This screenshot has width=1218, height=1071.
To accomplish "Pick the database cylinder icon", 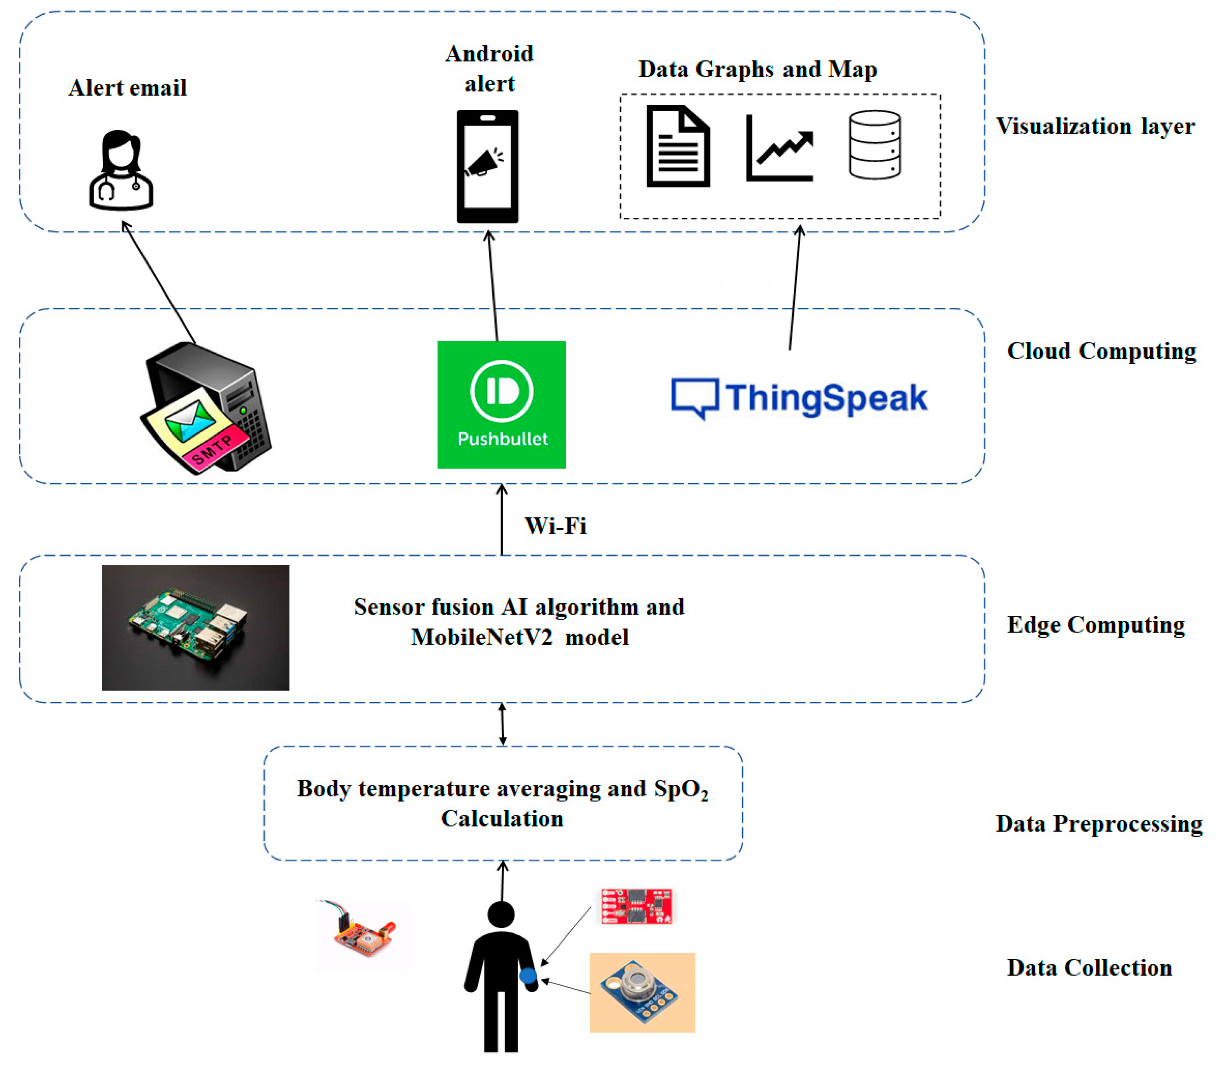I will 874,145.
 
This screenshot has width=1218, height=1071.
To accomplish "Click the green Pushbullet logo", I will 501,404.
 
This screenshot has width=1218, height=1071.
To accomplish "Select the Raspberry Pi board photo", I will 196,627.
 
